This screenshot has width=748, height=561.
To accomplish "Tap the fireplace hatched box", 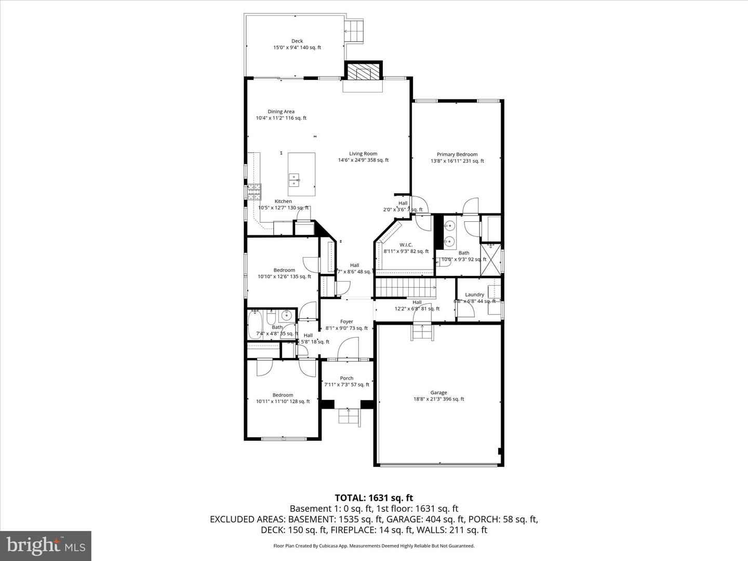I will point(364,72).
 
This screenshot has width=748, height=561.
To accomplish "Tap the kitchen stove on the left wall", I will point(255,192).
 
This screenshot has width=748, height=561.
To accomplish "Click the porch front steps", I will point(349,417).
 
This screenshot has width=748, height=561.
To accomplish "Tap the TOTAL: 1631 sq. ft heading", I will point(374,498).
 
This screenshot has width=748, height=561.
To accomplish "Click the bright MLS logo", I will point(46,545).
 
